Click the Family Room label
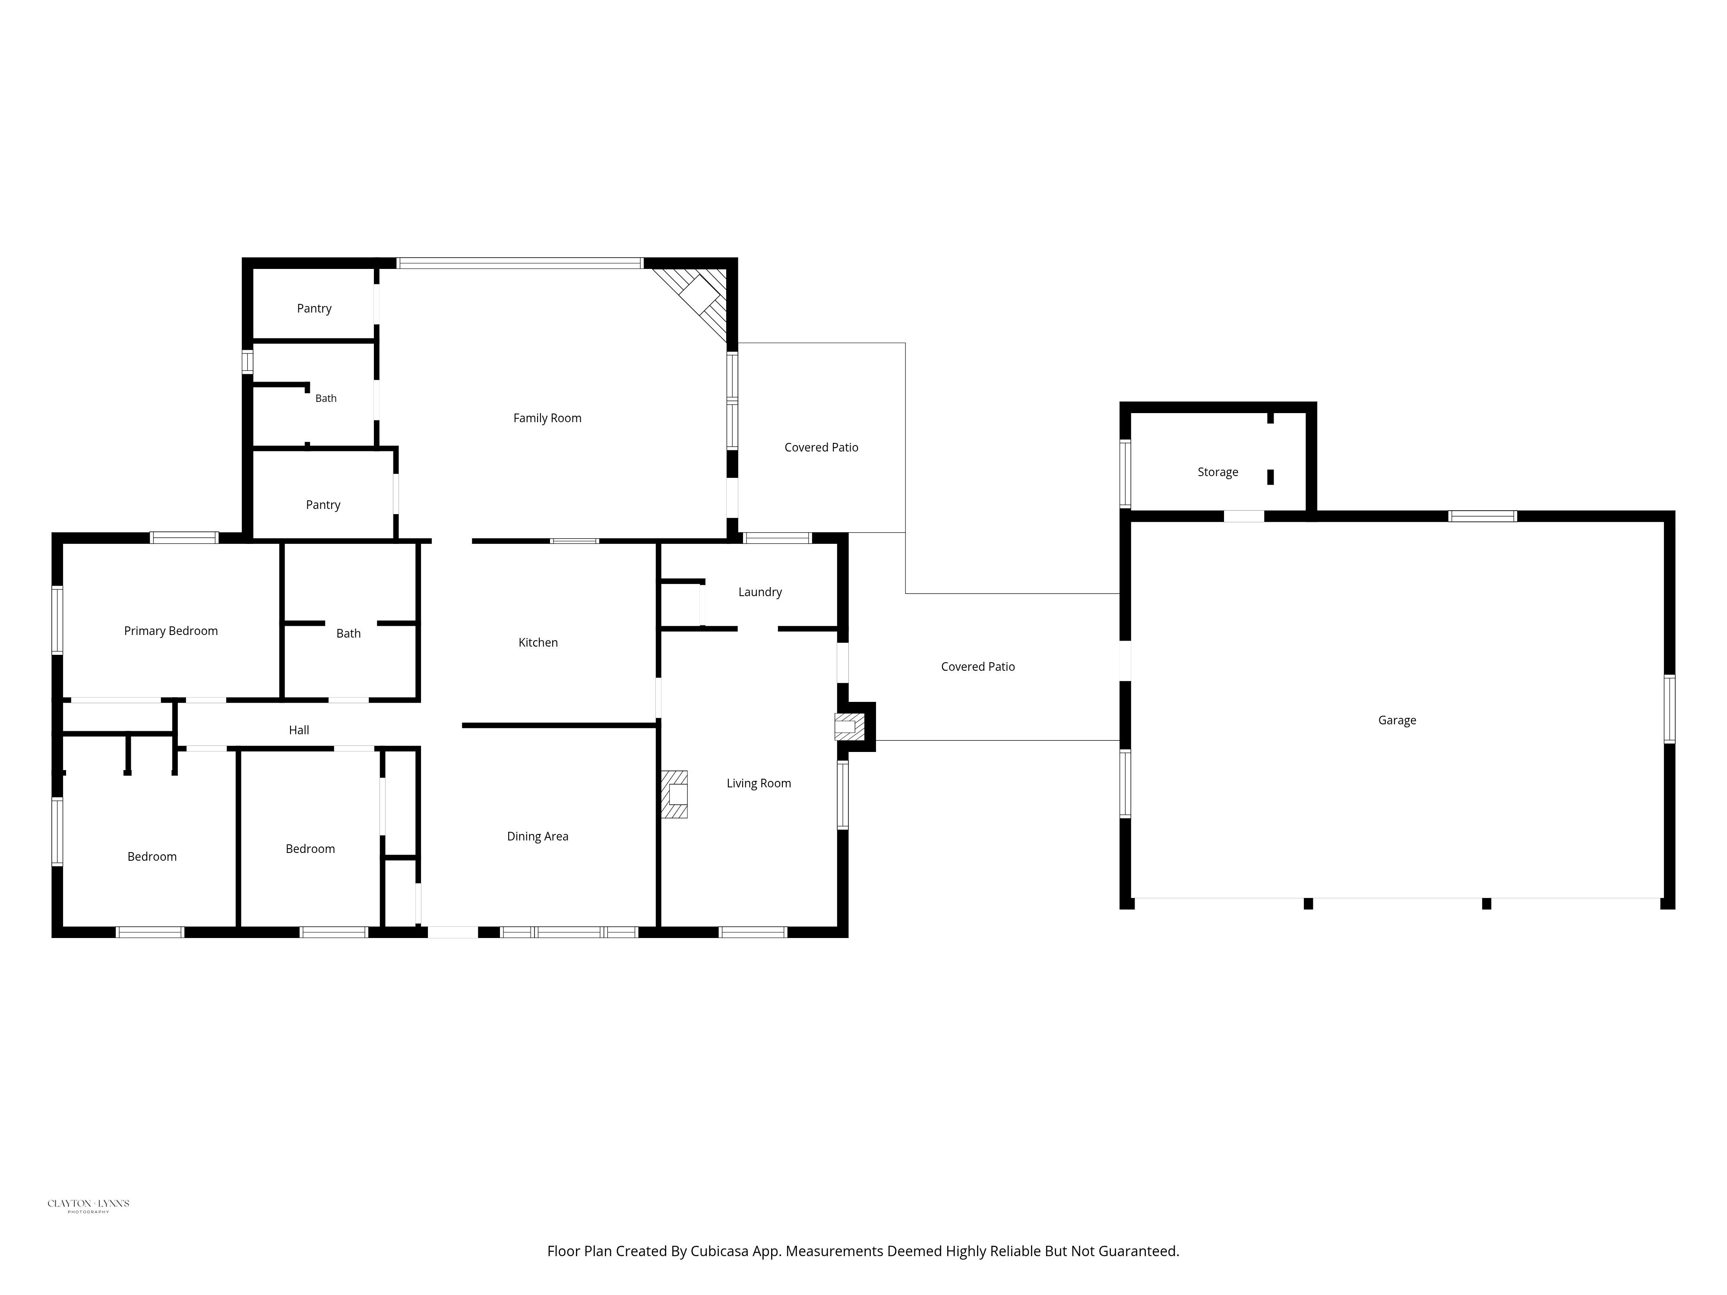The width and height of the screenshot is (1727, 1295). click(547, 418)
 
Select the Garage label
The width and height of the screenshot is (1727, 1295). click(1397, 720)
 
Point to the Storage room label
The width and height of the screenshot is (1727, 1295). click(1218, 472)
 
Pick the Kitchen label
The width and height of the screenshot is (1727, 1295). click(538, 642)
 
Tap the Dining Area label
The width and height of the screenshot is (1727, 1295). click(538, 837)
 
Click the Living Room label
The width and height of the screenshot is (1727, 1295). click(759, 784)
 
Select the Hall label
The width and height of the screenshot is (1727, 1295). click(299, 731)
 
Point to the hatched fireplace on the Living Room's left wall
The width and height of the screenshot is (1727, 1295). click(674, 795)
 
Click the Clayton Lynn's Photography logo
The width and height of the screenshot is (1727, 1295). click(88, 1205)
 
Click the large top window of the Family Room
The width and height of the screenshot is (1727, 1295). click(520, 263)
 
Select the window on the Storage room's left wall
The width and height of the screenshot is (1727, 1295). click(1125, 474)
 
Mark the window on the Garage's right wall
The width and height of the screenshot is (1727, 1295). click(1669, 709)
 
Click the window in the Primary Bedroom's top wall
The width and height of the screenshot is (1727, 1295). click(184, 537)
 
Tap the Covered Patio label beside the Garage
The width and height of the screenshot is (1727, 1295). click(978, 666)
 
